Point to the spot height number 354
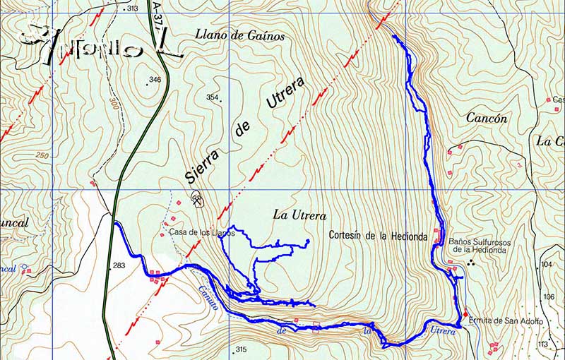212,97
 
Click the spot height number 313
132,8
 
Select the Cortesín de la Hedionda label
378,236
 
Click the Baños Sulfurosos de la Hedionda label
478,245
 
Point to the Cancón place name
487,119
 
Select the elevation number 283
118,266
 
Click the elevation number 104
546,263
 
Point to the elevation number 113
542,344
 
